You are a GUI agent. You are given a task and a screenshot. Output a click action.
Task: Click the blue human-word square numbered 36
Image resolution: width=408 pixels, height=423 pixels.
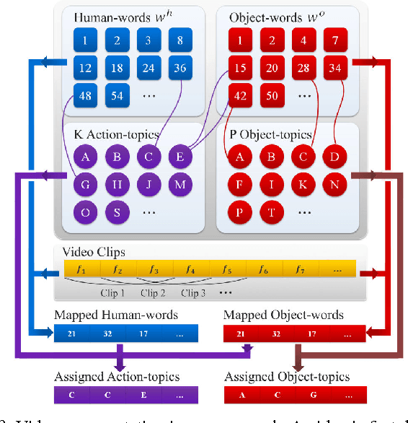179,69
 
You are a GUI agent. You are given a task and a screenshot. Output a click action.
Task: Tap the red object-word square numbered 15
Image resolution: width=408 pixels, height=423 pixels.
240,69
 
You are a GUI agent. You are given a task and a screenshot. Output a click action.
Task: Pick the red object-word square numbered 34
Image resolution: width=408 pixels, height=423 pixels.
334,69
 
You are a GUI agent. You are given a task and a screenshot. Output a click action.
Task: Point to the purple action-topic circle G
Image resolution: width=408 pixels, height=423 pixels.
84,185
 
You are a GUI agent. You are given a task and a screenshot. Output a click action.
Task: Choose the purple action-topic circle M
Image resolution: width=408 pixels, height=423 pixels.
179,185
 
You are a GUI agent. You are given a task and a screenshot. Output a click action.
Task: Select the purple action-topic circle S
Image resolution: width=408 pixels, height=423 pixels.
116,212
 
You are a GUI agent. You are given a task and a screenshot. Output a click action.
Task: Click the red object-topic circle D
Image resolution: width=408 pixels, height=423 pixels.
334,157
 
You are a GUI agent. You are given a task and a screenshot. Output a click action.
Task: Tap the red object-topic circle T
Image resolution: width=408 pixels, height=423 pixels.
271,212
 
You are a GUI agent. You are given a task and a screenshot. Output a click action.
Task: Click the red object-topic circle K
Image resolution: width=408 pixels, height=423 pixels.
303,185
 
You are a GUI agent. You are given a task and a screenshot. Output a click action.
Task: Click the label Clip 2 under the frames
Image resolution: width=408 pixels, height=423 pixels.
153,293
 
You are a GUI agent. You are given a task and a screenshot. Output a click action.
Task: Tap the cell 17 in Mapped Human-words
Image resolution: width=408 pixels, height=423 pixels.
144,333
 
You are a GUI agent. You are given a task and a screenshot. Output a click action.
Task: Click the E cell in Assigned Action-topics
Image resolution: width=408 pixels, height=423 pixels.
144,395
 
